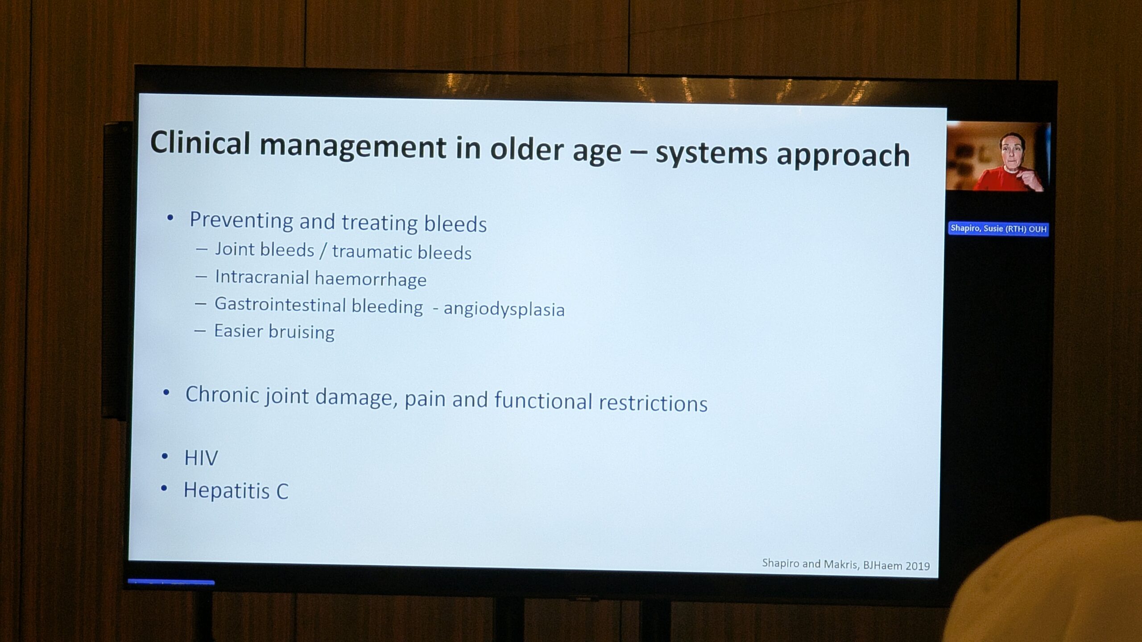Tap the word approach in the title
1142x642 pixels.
point(843,156)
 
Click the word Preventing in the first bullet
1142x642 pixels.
point(240,221)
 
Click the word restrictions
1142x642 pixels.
point(653,403)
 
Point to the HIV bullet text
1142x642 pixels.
point(201,458)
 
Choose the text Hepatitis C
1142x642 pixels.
point(236,491)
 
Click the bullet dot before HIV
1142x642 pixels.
point(165,457)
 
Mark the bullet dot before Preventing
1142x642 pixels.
point(170,218)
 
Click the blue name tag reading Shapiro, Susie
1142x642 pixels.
point(998,229)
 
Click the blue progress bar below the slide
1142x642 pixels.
point(171,582)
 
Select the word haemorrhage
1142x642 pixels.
point(371,279)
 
